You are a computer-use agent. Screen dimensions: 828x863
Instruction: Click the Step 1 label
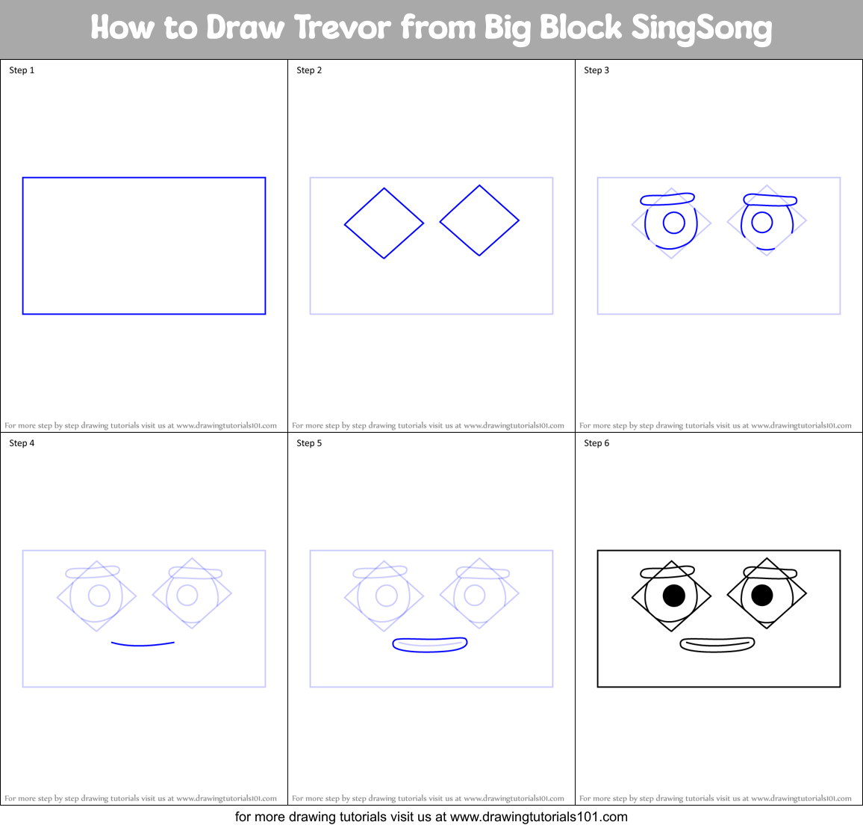(x=22, y=70)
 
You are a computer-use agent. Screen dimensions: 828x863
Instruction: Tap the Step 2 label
(x=309, y=70)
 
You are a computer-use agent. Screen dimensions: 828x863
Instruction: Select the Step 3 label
(x=596, y=70)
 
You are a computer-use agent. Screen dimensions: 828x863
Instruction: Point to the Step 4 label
(x=22, y=443)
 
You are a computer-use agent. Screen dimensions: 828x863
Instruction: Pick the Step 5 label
(x=309, y=443)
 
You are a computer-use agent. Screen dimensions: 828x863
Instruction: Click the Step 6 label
(x=596, y=443)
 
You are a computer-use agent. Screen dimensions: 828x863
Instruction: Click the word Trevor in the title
(x=343, y=28)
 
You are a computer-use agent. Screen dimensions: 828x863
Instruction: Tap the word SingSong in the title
(x=701, y=28)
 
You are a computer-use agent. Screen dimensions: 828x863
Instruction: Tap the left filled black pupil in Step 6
(x=674, y=596)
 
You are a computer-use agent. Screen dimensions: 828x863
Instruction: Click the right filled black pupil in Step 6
(x=762, y=595)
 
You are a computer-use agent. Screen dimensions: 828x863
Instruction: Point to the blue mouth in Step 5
(x=430, y=649)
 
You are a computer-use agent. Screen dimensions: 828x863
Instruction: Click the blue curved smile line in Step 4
(x=143, y=644)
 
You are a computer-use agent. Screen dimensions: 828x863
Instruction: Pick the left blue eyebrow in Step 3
(x=667, y=199)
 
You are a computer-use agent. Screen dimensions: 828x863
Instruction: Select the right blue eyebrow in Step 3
(x=770, y=200)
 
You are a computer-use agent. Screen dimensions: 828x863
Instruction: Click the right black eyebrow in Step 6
(x=770, y=573)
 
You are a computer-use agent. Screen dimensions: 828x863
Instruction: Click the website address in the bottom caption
(x=538, y=817)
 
